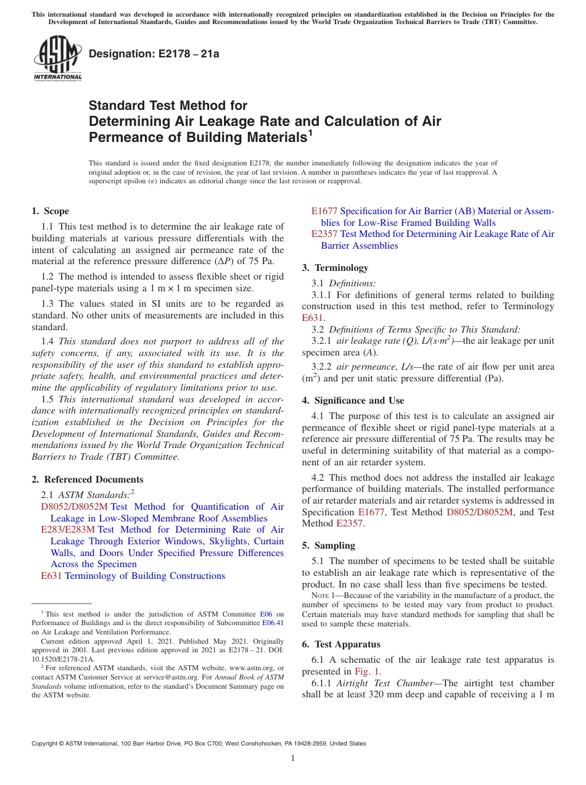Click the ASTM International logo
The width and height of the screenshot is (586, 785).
click(x=57, y=59)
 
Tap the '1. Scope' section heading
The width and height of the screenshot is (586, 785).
click(x=51, y=211)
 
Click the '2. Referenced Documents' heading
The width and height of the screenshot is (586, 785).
click(x=88, y=480)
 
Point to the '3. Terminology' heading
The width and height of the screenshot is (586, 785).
click(x=335, y=268)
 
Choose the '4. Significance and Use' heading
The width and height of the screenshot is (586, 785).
click(x=353, y=401)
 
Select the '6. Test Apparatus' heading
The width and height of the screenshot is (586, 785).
click(x=341, y=644)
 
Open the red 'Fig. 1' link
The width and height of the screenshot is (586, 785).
click(x=370, y=671)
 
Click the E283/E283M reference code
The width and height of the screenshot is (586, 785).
click(x=68, y=530)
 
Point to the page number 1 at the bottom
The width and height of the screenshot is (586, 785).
click(x=293, y=758)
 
